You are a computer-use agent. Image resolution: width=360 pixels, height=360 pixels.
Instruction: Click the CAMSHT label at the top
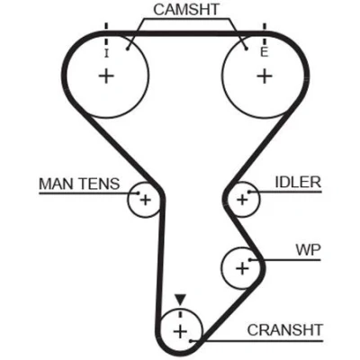click(x=186, y=10)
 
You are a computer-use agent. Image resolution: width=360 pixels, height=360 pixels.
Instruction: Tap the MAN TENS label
click(x=79, y=184)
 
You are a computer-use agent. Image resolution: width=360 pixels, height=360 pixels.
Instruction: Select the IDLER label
click(x=298, y=182)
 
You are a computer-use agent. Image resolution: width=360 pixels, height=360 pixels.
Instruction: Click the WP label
click(x=308, y=249)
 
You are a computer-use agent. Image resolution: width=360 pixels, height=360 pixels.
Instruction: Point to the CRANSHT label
click(x=285, y=330)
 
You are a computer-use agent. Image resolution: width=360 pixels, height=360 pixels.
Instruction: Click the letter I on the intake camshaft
click(x=106, y=54)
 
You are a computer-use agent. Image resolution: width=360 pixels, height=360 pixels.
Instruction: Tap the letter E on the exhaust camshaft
click(x=265, y=53)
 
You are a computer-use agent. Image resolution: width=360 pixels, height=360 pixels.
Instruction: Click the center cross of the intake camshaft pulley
click(x=106, y=76)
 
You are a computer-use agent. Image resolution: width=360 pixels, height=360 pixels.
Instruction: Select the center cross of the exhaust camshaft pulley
click(x=265, y=76)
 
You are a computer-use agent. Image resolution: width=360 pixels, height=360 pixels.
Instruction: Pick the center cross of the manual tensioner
click(x=146, y=200)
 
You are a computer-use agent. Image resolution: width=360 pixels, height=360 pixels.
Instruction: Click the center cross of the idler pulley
click(x=242, y=200)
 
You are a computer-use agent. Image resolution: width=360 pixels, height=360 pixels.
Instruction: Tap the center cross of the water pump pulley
click(x=242, y=268)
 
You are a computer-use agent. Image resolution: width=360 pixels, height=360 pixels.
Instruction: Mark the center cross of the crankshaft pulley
click(x=180, y=332)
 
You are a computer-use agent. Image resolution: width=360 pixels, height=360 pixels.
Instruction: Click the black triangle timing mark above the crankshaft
click(x=180, y=300)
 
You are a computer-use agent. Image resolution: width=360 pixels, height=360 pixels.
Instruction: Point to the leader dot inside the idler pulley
click(x=248, y=192)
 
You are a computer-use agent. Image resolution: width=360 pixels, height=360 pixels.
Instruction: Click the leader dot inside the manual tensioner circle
click(x=139, y=193)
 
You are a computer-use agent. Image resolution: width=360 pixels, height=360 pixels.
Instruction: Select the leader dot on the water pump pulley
click(x=249, y=260)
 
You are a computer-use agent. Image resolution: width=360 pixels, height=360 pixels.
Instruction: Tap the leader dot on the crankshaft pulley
click(x=191, y=341)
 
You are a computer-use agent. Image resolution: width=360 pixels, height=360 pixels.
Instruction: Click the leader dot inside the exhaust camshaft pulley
click(x=247, y=49)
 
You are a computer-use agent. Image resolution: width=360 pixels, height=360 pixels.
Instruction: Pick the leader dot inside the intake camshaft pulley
click(x=128, y=49)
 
